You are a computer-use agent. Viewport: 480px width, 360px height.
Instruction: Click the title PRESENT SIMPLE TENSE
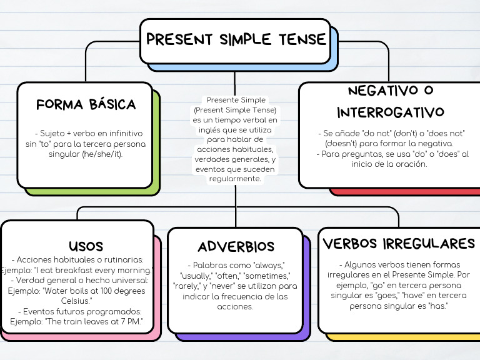tap(236, 40)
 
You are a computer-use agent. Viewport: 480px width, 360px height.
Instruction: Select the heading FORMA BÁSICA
tap(86, 104)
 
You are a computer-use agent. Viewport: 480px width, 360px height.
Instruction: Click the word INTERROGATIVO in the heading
tap(391, 112)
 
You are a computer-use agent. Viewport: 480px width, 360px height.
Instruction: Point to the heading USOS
tap(86, 246)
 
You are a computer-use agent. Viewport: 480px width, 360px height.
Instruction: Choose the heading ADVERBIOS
tap(236, 246)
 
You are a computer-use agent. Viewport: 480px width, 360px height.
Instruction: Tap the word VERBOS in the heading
tap(351, 243)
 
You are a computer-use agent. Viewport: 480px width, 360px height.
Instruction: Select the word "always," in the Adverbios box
tap(267, 265)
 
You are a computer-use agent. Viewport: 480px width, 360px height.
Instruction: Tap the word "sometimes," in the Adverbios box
tap(269, 276)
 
